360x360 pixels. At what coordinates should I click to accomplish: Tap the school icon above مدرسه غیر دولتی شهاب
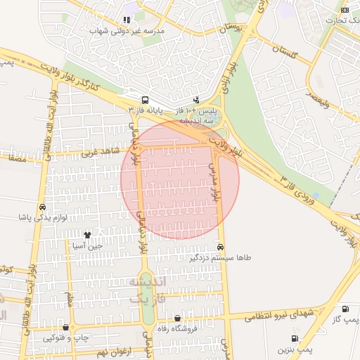(126, 20)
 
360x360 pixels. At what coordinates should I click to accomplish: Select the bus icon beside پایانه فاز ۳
(145, 100)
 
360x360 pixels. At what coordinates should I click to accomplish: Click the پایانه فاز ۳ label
(145, 111)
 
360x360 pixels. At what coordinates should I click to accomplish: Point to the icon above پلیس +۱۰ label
(196, 100)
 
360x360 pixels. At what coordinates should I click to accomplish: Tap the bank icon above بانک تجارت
(344, 9)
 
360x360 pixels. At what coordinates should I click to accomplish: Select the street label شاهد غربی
(97, 151)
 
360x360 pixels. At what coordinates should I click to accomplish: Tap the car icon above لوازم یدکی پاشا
(43, 207)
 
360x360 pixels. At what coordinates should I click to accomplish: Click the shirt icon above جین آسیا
(87, 235)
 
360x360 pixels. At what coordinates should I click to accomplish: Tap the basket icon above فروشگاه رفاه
(176, 319)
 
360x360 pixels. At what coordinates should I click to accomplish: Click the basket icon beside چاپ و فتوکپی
(65, 327)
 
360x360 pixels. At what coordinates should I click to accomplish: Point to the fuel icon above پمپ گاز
(345, 309)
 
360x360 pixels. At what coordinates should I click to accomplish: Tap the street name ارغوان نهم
(109, 349)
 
